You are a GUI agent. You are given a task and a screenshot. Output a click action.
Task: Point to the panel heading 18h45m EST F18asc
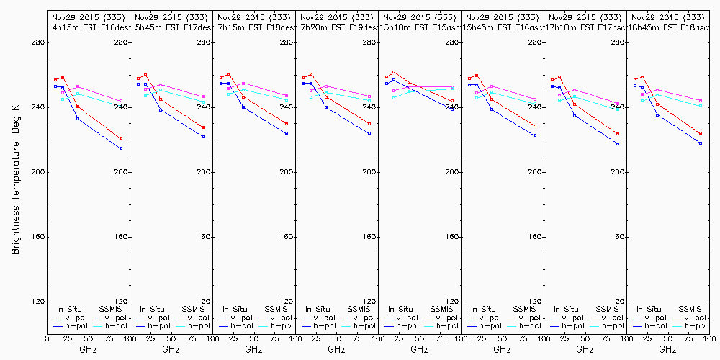(x=667, y=27)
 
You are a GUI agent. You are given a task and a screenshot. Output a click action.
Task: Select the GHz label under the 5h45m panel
(x=171, y=349)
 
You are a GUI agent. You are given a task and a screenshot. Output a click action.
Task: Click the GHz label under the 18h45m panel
(x=667, y=349)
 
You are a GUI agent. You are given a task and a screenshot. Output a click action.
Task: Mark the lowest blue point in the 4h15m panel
(x=121, y=148)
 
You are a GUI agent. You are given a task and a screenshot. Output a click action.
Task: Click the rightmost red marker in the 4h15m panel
(x=121, y=138)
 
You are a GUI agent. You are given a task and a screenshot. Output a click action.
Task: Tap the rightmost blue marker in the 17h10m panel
(x=618, y=144)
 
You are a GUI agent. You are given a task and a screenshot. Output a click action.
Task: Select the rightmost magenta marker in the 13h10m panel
(x=452, y=87)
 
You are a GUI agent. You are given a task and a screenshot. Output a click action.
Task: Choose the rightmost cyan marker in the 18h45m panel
(x=701, y=106)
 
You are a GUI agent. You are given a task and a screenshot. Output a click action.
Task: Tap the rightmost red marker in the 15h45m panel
(x=535, y=126)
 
